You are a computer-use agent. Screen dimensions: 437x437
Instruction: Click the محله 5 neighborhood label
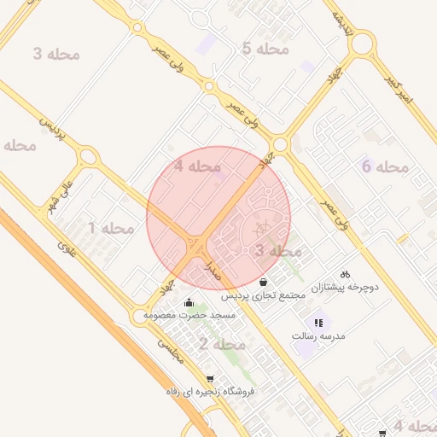(265, 50)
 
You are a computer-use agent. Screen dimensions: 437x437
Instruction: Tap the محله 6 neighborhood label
(386, 166)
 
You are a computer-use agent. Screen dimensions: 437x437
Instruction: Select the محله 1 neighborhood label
(111, 229)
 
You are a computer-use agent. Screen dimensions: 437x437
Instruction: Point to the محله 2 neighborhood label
(222, 345)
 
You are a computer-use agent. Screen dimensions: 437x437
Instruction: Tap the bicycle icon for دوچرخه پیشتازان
(346, 275)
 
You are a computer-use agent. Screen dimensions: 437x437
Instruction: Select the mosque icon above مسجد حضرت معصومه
(189, 301)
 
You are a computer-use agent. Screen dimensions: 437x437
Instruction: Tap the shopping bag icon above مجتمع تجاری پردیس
(264, 282)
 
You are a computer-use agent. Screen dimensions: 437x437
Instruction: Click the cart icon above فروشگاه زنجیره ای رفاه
(210, 378)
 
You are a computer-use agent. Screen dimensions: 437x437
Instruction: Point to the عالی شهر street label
(64, 196)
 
